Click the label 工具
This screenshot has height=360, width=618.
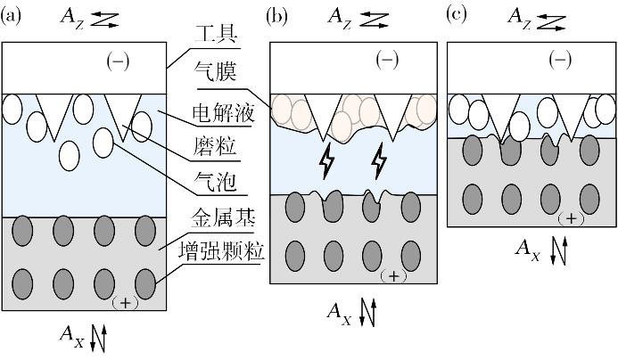(x=216, y=35)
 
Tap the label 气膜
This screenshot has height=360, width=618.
(x=215, y=72)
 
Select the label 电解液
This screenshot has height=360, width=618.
(x=223, y=113)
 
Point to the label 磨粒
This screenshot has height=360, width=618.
(x=215, y=146)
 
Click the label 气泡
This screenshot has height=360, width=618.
(x=215, y=182)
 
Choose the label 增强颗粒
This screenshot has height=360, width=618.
(x=221, y=251)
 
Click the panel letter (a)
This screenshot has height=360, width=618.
(x=11, y=16)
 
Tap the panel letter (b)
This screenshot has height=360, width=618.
(x=276, y=17)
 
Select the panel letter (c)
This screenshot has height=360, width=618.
(x=457, y=15)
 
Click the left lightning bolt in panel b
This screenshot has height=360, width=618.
(x=326, y=161)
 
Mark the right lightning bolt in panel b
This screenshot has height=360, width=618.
(x=380, y=161)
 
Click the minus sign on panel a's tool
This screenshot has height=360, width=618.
(x=118, y=61)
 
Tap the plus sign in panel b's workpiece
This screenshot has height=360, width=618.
(x=394, y=276)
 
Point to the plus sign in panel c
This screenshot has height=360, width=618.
(x=571, y=218)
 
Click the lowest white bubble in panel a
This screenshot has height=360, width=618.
(x=70, y=156)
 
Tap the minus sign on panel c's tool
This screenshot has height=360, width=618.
(x=560, y=60)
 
